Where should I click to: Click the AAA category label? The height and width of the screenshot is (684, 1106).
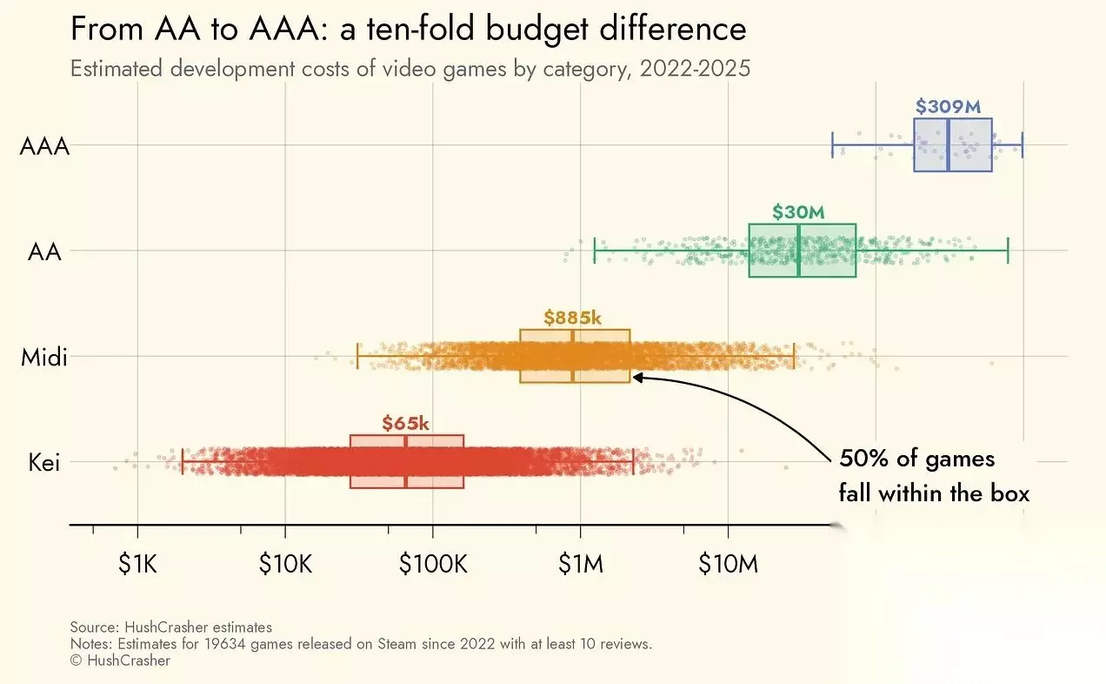44,145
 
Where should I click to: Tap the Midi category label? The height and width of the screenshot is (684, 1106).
44,357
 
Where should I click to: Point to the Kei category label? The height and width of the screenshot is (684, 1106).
44,462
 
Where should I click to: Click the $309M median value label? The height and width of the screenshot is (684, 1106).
948,107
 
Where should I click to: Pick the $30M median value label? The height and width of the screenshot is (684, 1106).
797,212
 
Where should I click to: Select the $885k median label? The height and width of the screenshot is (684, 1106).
572,318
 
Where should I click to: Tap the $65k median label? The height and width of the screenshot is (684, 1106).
405,424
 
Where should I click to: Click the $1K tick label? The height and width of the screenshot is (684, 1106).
137,565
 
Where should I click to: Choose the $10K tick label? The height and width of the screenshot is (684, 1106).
285,565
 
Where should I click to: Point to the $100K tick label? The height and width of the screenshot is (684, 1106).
433,565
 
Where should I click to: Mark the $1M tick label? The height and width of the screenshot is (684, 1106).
580,565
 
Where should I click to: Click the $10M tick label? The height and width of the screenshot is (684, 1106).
729,565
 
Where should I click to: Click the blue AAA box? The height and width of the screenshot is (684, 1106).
953,145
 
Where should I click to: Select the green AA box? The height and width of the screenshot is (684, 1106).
803,251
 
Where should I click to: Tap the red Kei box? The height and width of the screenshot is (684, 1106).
407,461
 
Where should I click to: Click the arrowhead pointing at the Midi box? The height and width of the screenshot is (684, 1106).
636,377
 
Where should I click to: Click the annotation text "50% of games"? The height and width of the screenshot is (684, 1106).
916,459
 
